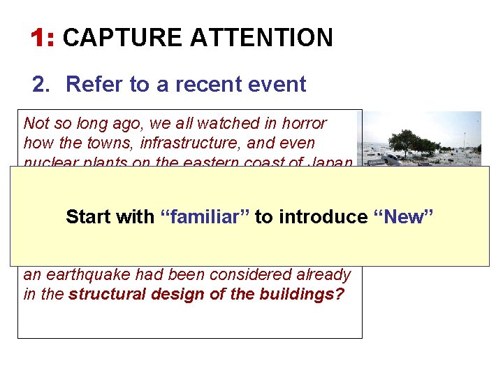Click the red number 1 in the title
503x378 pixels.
coord(40,38)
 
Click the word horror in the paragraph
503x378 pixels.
coord(305,124)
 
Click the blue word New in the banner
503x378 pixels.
coord(405,217)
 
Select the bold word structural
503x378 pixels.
coord(101,294)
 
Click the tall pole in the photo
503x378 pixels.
coord(465,140)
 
